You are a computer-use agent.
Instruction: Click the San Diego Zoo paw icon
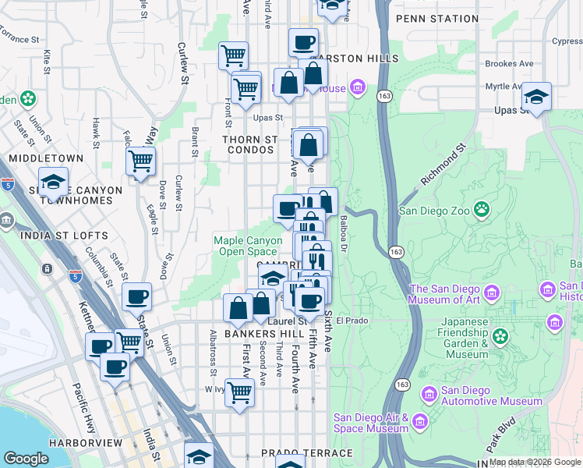tap(483, 209)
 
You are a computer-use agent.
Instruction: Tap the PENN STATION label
tap(436, 18)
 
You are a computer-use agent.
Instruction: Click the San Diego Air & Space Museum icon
tap(421, 422)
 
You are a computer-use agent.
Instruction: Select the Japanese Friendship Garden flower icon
tap(500, 336)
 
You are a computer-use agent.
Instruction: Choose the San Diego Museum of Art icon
tap(492, 294)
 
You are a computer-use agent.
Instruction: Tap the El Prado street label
tap(352, 320)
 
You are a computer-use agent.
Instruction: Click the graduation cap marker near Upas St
tap(535, 97)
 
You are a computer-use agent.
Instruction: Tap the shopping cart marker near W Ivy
tap(239, 394)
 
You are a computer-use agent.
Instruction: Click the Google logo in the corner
tap(26, 459)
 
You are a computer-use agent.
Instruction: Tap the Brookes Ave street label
tap(509, 64)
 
